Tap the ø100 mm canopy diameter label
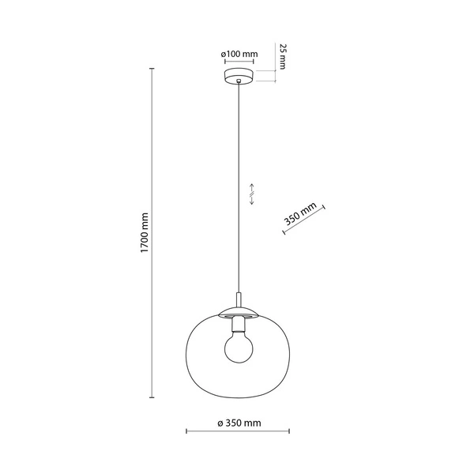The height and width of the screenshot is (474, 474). click(239, 54)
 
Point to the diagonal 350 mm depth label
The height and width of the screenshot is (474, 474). click(299, 213)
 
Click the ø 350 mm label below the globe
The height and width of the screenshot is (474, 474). click(239, 423)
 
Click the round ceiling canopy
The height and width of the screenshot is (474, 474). click(239, 77)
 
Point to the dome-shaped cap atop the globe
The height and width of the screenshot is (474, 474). click(239, 309)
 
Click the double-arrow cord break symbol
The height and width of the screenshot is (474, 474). click(251, 193)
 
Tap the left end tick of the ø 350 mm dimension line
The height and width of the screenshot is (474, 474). click(186, 433)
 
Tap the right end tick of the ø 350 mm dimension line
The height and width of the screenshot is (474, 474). click(290, 433)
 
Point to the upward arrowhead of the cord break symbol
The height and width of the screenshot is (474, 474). click(251, 182)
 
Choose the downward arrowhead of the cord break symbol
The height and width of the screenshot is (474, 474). click(251, 204)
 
